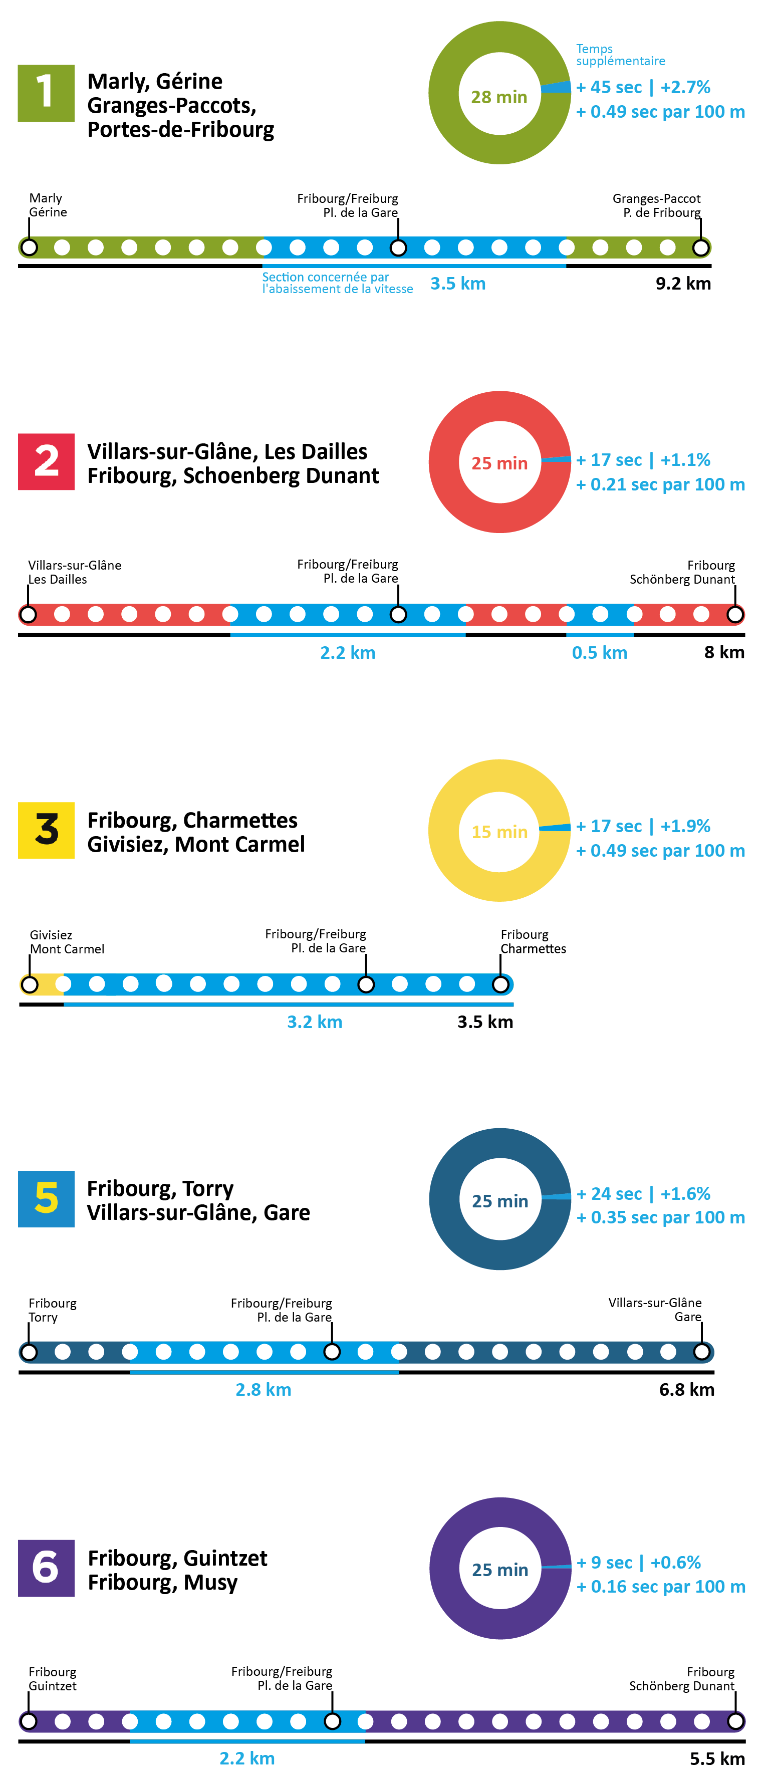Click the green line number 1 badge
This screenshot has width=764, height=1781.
click(46, 93)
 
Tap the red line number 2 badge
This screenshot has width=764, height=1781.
click(46, 461)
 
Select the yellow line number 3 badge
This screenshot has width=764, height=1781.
click(46, 830)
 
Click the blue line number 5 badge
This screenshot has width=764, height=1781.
click(46, 1198)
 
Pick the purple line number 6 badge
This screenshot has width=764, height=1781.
click(46, 1568)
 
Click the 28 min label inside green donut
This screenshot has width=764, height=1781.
click(499, 97)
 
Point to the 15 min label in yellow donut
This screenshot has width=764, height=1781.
click(499, 832)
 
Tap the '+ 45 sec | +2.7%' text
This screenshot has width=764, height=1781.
click(643, 87)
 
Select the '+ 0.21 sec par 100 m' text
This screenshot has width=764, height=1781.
click(660, 484)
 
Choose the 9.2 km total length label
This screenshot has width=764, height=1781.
click(683, 284)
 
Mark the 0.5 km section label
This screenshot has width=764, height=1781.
click(600, 653)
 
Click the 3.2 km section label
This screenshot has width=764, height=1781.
click(315, 1022)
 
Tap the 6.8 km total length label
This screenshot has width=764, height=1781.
click(686, 1390)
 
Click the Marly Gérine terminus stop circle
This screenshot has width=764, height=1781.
click(29, 247)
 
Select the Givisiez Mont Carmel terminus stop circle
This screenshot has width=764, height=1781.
click(30, 984)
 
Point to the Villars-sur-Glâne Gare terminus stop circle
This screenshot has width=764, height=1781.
click(702, 1352)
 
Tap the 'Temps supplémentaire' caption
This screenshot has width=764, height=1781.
click(620, 55)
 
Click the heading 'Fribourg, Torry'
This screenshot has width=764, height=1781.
click(160, 1188)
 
